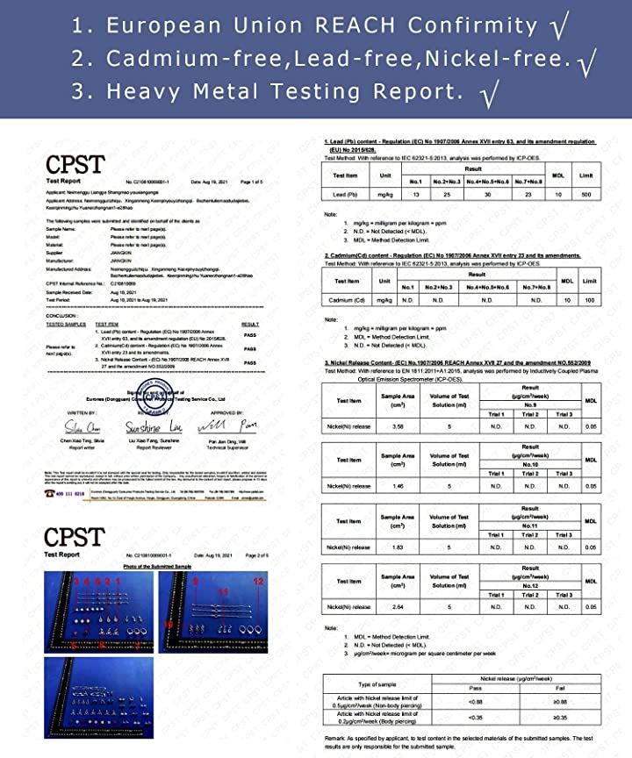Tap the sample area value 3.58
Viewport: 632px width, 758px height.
(398, 426)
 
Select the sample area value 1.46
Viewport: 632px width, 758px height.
(398, 486)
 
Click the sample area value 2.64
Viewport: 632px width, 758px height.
(398, 606)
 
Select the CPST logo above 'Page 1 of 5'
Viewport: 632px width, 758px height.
(75, 165)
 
